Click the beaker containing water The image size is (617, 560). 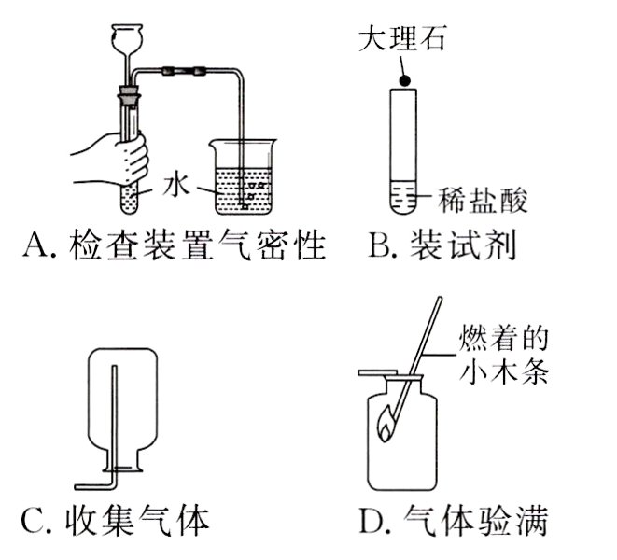(244, 177)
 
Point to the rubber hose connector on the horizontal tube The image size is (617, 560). (181, 70)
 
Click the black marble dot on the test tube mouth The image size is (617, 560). (404, 82)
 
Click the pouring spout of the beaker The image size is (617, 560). (214, 143)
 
